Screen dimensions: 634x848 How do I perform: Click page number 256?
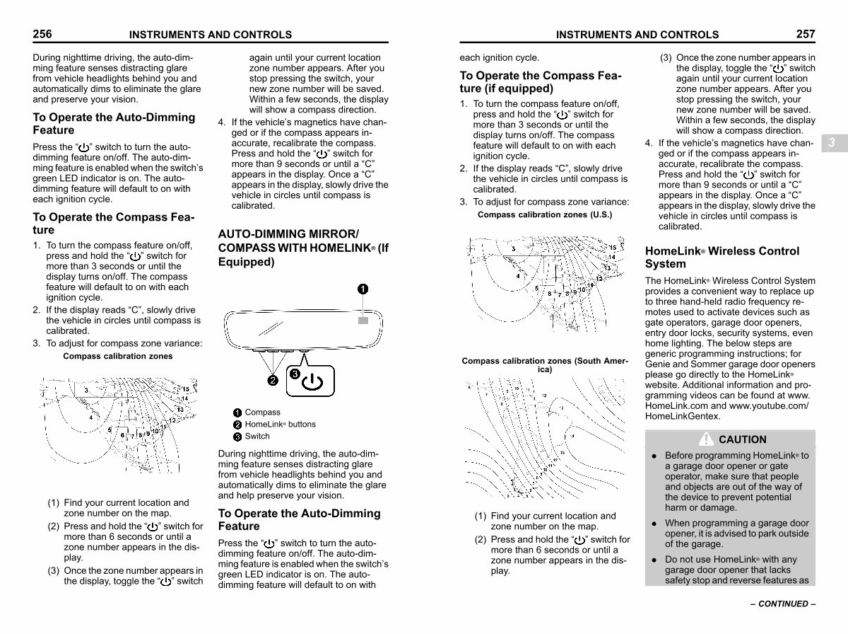click(x=42, y=33)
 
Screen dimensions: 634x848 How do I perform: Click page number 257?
click(x=805, y=33)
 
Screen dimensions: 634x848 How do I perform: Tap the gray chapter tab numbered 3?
click(x=832, y=142)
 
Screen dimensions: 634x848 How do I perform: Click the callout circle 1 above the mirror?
click(x=362, y=289)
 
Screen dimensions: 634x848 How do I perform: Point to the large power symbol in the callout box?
click(x=312, y=383)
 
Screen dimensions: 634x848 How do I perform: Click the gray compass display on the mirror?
click(x=363, y=321)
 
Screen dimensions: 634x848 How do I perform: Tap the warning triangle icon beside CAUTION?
click(x=707, y=439)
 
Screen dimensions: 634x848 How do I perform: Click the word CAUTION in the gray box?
click(x=742, y=439)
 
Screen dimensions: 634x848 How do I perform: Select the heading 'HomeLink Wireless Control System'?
click(x=722, y=258)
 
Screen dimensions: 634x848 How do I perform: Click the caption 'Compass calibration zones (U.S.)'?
click(x=545, y=214)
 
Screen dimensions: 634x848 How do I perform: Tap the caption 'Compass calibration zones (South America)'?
click(x=544, y=365)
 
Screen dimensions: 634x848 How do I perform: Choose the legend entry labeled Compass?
click(x=262, y=413)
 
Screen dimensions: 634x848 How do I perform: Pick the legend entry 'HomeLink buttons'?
click(x=280, y=425)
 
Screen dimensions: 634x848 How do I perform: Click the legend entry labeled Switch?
click(x=257, y=437)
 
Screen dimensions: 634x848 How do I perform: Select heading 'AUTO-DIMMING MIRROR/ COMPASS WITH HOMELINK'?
click(x=303, y=248)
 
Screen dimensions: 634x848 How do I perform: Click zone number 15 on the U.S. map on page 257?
click(x=613, y=248)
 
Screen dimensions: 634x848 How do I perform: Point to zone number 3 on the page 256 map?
click(x=86, y=390)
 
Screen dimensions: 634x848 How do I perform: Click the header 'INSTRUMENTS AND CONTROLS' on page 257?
click(x=637, y=35)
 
